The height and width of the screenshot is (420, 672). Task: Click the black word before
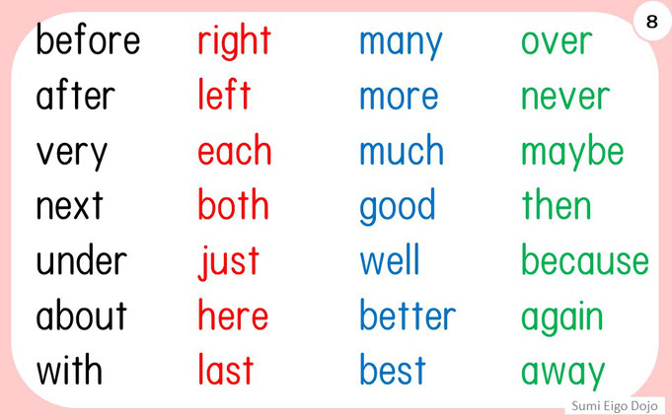point(88,39)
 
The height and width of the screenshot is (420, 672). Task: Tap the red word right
point(234,41)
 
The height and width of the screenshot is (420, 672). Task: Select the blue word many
point(401,44)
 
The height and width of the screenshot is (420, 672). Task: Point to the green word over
point(557,42)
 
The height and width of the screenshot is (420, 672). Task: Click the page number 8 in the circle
point(652,21)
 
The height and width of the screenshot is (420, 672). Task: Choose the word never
point(565,98)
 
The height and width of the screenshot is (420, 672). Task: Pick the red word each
point(235,150)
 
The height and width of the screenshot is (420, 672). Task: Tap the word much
point(402,150)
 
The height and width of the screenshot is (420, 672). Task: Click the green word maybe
point(572,152)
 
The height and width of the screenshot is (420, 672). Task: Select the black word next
point(69,205)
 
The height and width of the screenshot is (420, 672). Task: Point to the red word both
point(233,204)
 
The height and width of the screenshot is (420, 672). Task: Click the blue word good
point(398,206)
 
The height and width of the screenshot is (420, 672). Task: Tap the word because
point(585,259)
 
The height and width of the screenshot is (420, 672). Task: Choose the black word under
point(82,259)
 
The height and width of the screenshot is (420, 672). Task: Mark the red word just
point(228,262)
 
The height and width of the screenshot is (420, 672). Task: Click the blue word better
point(408,315)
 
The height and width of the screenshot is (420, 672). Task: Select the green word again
point(561,317)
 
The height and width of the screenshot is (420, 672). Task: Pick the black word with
point(69,369)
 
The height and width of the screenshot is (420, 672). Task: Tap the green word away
point(562,374)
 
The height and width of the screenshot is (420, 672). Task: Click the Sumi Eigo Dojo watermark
point(615,406)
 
